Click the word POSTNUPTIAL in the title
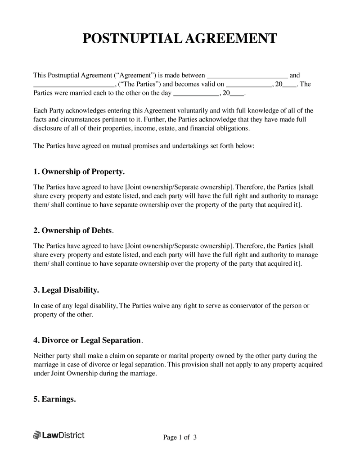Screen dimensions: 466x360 (x=131, y=39)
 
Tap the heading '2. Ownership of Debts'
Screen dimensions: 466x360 (x=73, y=231)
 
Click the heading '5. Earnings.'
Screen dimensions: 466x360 (x=54, y=399)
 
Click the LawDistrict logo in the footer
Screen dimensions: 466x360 (x=59, y=435)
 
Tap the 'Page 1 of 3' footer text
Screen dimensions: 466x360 (x=180, y=437)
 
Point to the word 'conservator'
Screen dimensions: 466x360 (x=247, y=306)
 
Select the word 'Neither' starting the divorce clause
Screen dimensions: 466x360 (x=44, y=356)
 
